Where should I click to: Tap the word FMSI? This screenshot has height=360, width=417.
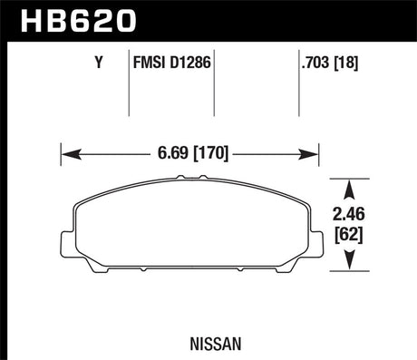pos(149,63)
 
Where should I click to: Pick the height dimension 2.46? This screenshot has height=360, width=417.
pos(354,217)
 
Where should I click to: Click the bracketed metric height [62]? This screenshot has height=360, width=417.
pos(354,235)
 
